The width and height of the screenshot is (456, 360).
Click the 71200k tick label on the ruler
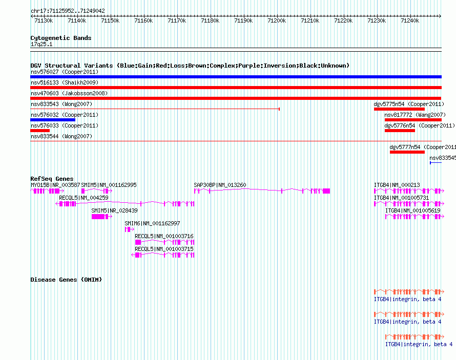click(277, 20)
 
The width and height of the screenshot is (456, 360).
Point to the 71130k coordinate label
click(44, 20)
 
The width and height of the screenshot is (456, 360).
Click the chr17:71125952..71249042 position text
click(68, 11)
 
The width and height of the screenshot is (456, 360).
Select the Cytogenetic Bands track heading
click(61, 38)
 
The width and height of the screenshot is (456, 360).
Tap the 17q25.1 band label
click(42, 44)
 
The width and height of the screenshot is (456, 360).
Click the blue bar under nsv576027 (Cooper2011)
click(236, 77)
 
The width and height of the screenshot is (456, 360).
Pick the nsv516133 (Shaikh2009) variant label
click(65, 82)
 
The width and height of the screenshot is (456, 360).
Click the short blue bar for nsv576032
click(53, 120)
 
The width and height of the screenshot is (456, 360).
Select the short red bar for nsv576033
click(40, 131)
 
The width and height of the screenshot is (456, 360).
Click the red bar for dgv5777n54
click(407, 152)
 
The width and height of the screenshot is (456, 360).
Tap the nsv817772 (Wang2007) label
click(415, 115)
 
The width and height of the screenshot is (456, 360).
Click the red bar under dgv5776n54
click(400, 131)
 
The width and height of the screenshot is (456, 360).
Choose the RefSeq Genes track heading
click(52, 179)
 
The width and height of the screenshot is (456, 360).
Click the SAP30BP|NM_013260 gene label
click(220, 185)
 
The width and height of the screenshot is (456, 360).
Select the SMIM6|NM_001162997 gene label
click(152, 223)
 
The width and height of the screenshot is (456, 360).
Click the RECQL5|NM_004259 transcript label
click(84, 198)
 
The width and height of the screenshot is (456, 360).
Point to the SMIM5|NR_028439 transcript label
click(115, 210)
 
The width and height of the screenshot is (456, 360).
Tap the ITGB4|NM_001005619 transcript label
click(412, 210)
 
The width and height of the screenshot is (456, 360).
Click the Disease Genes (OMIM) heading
click(66, 280)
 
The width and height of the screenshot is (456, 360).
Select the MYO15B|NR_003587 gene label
click(55, 185)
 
